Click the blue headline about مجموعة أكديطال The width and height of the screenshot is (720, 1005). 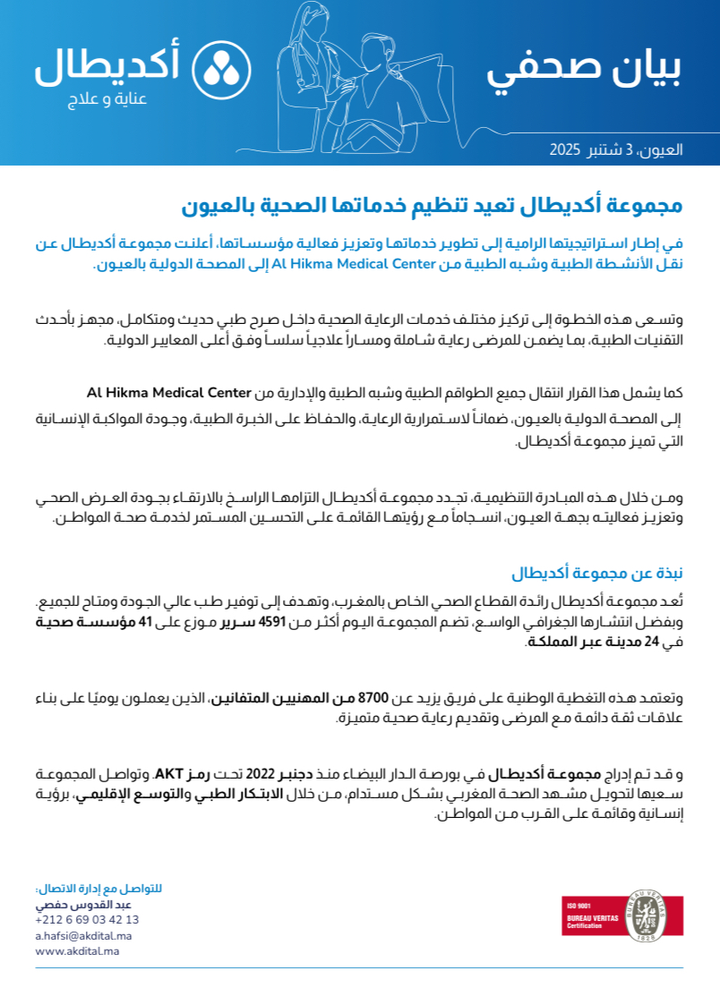[433, 207]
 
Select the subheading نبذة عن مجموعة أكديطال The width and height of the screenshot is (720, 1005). [597, 574]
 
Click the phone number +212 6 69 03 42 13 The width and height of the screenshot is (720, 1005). [87, 919]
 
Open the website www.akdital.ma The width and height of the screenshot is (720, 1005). [77, 951]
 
